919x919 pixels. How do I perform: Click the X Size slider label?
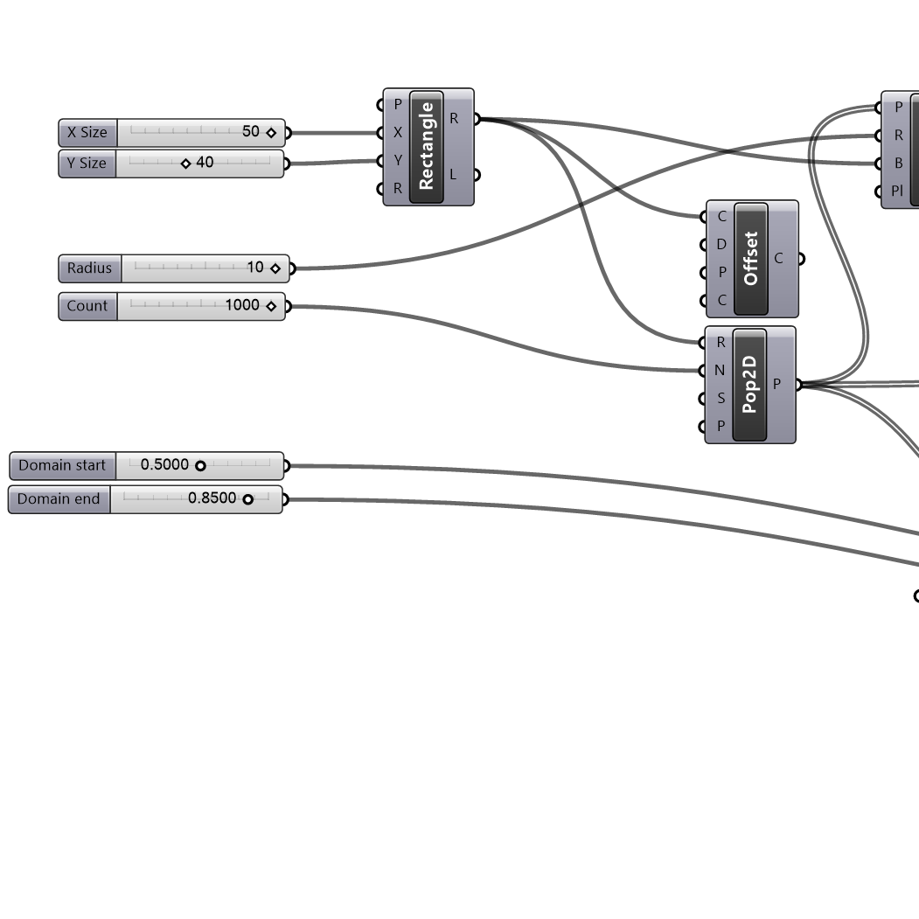pos(87,133)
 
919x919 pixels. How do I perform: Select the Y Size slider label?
pos(87,164)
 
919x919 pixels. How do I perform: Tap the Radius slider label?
pos(90,268)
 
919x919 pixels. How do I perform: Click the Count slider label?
pos(87,306)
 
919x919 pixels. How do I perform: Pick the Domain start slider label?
pos(62,465)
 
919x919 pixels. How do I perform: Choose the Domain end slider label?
pos(59,499)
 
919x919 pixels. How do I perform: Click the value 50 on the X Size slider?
pos(251,132)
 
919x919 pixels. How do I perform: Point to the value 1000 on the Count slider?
pos(242,305)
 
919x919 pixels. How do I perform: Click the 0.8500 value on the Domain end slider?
pos(212,498)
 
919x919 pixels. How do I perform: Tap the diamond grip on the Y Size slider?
pos(185,164)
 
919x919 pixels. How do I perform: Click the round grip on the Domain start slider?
pos(200,466)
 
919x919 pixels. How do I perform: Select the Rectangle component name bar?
pos(427,147)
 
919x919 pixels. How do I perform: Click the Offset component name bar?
pos(751,259)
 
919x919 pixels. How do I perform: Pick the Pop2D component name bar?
pos(749,385)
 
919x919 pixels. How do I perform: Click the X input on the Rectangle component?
pos(398,133)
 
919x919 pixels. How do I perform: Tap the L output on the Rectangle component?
pos(453,175)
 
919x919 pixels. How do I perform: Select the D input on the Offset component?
pos(721,245)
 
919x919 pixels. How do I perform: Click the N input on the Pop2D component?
pos(720,371)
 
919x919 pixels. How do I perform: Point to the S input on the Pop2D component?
pos(721,399)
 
